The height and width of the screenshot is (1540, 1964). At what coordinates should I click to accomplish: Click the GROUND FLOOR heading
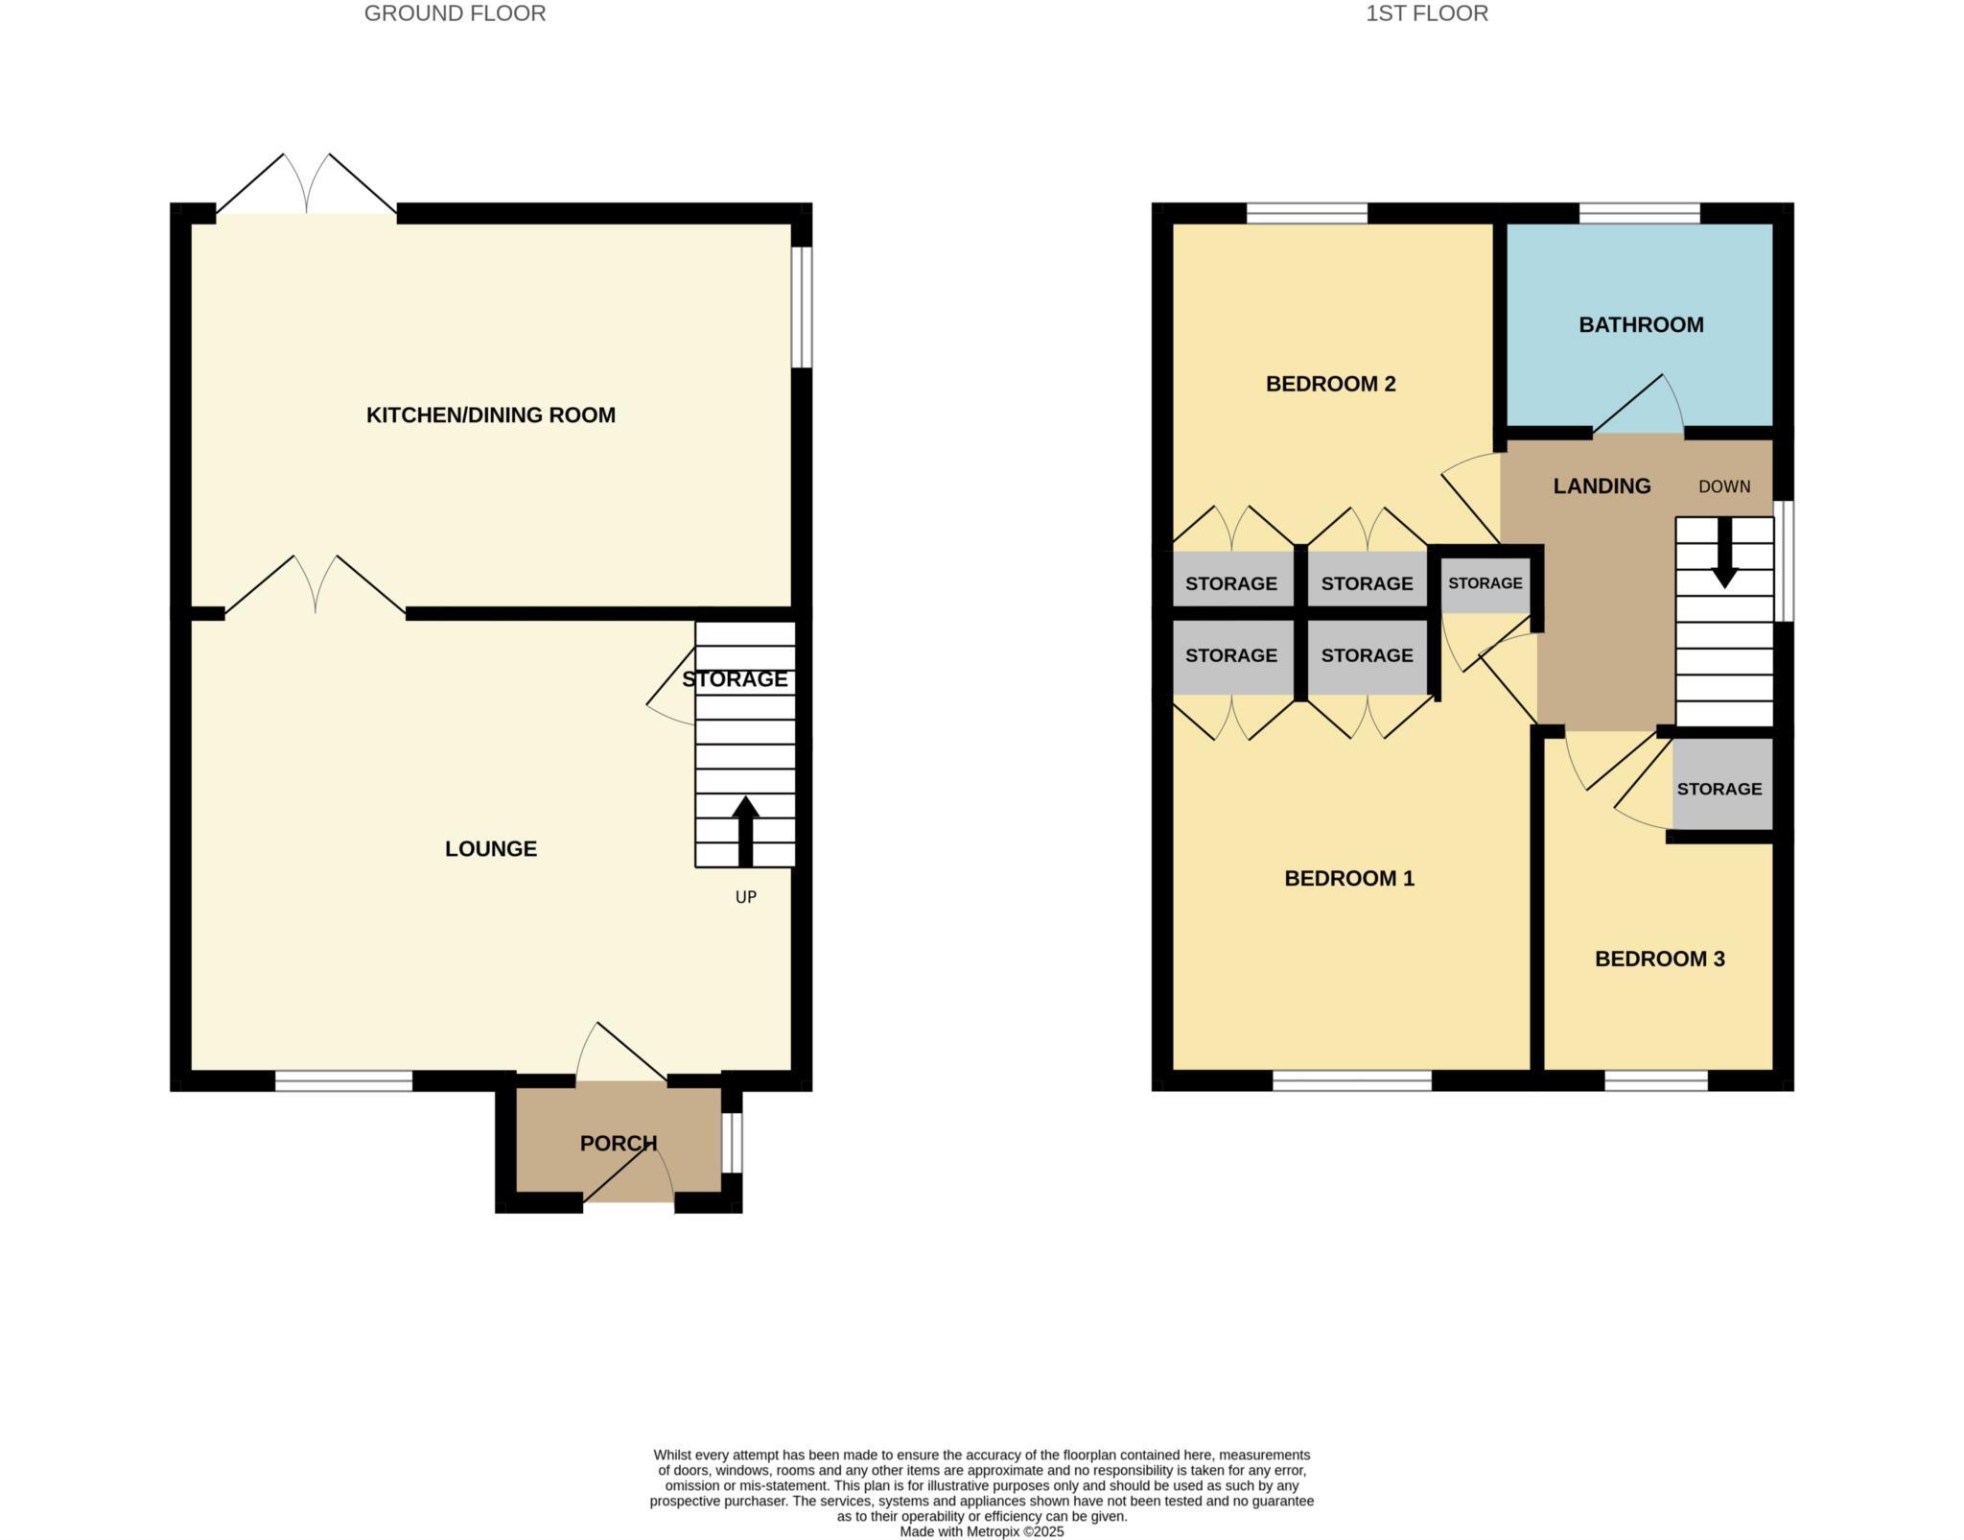pos(455,13)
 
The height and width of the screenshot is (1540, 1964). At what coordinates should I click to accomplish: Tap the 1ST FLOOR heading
pos(1427,13)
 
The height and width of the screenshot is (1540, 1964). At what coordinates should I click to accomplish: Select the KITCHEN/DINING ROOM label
pos(490,415)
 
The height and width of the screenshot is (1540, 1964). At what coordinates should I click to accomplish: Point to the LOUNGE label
pos(490,848)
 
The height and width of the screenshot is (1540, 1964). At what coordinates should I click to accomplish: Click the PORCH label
pos(619,1143)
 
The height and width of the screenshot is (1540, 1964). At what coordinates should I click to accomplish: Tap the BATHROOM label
pos(1641,324)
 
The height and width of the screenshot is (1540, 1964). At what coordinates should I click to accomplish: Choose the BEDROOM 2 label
pos(1330,384)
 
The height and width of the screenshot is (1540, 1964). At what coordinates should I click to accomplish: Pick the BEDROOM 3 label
pos(1659,959)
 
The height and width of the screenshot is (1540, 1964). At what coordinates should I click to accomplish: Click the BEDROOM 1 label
pos(1348,878)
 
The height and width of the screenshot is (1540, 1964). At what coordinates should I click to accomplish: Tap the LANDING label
pos(1602,486)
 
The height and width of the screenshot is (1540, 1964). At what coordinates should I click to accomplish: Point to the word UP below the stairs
pos(745,897)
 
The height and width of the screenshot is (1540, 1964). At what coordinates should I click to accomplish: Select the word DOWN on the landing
pos(1723,486)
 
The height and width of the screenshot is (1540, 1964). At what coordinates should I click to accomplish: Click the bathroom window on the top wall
pos(1639,213)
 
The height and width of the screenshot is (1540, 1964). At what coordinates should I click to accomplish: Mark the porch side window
pos(732,1142)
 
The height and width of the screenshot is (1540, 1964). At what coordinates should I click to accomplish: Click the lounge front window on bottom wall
pos(343,1081)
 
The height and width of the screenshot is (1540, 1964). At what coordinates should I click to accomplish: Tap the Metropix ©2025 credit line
pos(981,1531)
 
